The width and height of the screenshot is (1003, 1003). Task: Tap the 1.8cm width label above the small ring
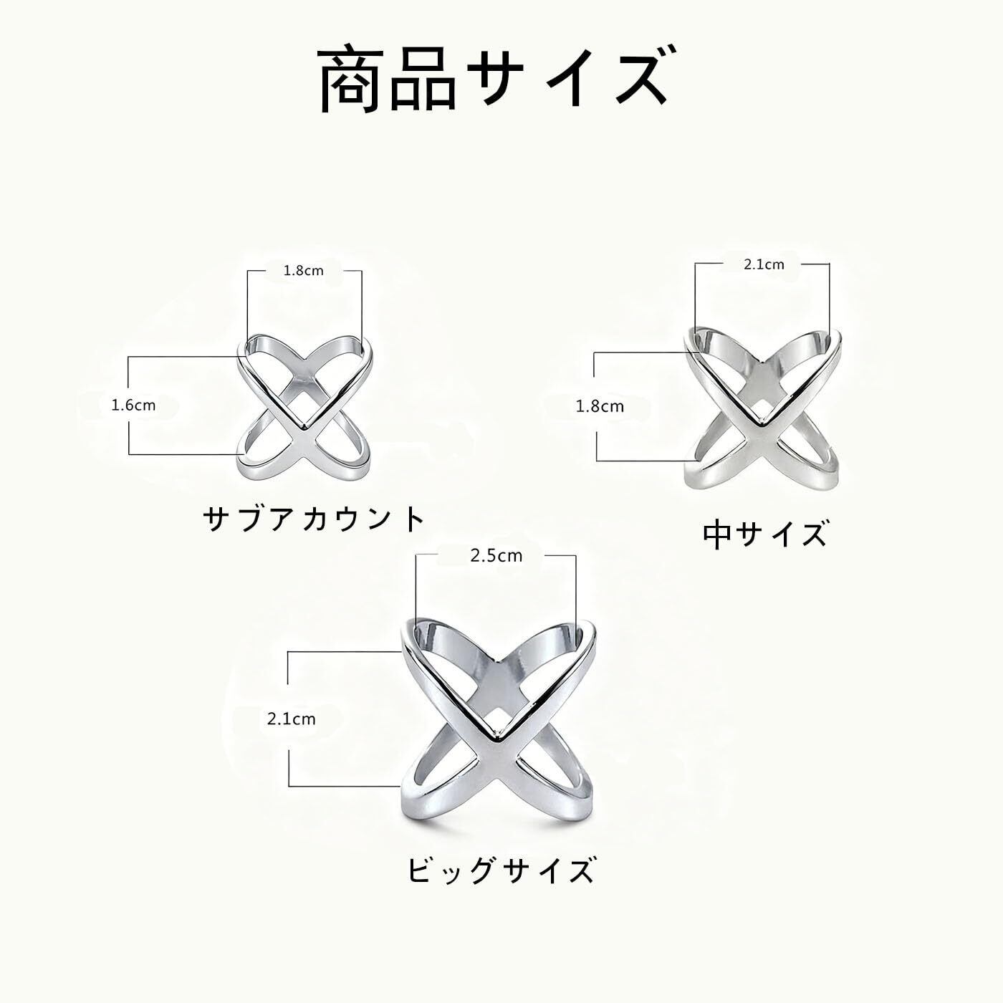[x=304, y=271]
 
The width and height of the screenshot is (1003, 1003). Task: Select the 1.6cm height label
[x=133, y=405]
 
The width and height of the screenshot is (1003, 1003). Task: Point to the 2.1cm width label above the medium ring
[x=764, y=264]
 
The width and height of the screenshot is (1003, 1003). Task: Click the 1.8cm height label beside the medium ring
[x=600, y=407]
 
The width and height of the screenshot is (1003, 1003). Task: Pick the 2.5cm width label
[x=496, y=555]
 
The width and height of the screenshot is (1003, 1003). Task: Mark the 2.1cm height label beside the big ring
[x=291, y=719]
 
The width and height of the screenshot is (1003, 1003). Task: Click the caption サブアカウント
[x=314, y=519]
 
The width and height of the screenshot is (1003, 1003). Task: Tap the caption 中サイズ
[x=764, y=534]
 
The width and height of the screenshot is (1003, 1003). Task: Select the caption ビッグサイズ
[x=501, y=871]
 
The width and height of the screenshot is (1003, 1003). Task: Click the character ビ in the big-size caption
[x=423, y=871]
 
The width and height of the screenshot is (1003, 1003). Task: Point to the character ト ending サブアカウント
[x=411, y=519]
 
